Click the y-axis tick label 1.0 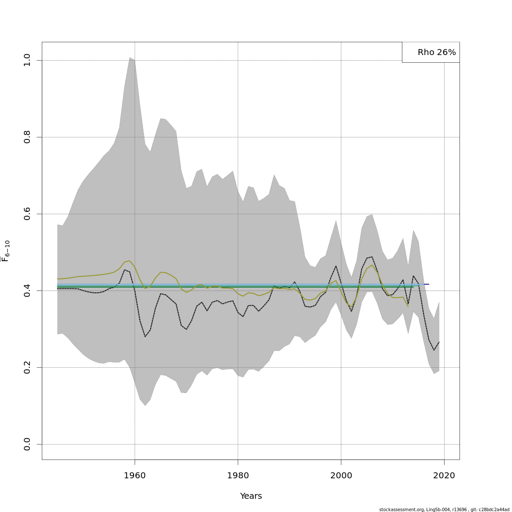tap(27, 60)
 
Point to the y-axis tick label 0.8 tap(27, 137)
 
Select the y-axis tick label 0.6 tap(27, 214)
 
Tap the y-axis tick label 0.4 tap(27, 291)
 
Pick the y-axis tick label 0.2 tap(27, 367)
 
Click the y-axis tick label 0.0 tap(27, 444)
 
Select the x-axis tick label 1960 tap(135, 475)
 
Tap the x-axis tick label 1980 tap(238, 475)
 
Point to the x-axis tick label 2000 tap(341, 475)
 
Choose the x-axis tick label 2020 tap(444, 475)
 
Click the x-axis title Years tap(251, 496)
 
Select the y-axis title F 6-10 tap(6, 251)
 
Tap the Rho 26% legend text tap(436, 52)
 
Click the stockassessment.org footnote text tap(444, 509)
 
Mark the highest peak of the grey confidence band tap(130, 57)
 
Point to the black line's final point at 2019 tap(439, 342)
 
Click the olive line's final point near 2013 tap(408, 306)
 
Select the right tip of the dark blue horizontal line tap(429, 284)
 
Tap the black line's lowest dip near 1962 tap(145, 337)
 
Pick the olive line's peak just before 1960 tap(129, 261)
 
